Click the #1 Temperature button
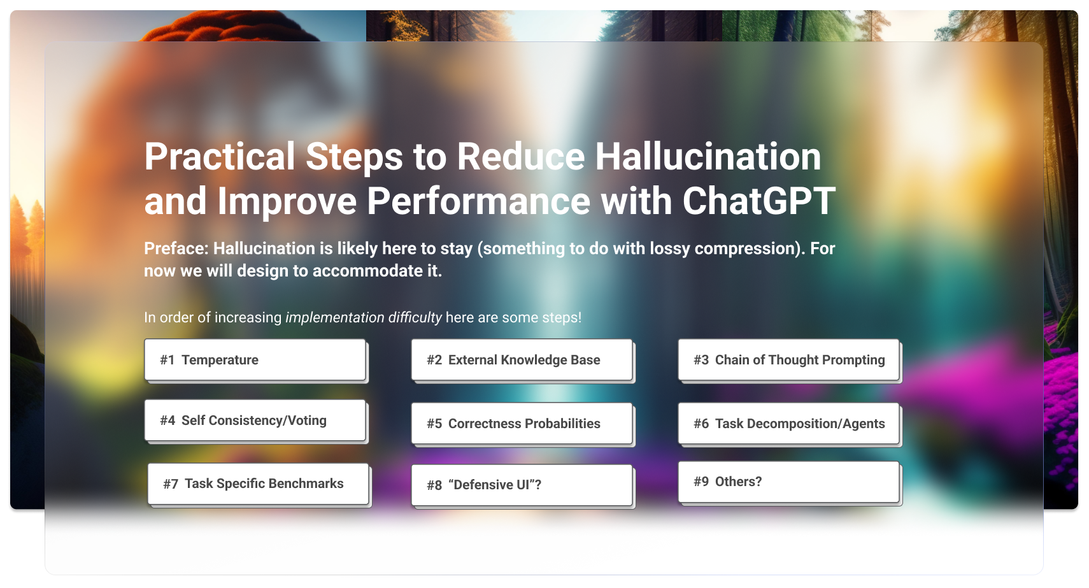255,360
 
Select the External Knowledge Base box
522,360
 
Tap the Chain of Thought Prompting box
788,360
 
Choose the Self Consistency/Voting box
255,420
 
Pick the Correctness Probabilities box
522,424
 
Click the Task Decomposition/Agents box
788,424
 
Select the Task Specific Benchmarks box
258,484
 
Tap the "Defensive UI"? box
522,485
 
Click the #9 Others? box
788,482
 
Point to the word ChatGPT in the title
758,201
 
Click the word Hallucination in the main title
708,157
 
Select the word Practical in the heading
219,157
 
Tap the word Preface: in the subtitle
176,248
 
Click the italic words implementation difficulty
363,317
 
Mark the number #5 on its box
434,424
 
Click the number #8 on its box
434,485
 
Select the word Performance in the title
478,201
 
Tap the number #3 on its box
701,360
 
